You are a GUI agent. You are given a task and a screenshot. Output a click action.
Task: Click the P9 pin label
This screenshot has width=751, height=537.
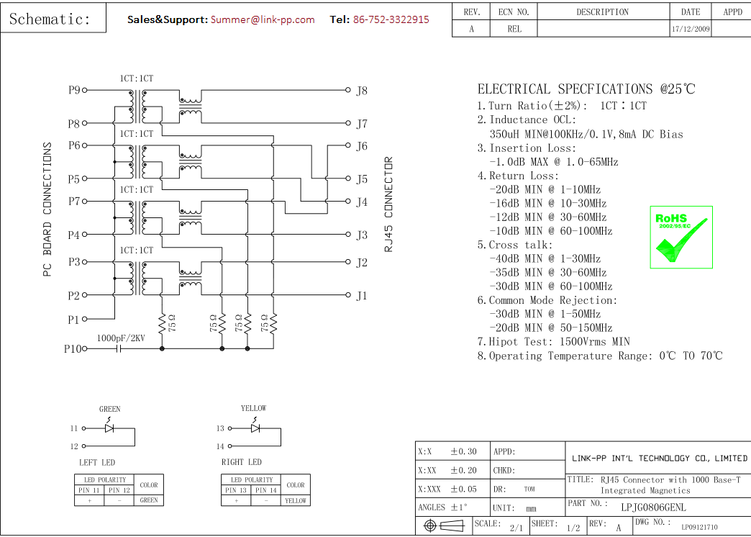point(74,91)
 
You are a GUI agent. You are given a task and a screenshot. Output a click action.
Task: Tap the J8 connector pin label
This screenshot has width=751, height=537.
point(362,91)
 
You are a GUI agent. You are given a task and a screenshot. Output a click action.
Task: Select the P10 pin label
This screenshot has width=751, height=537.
point(73,349)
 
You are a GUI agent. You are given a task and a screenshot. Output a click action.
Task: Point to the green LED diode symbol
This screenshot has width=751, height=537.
point(109,428)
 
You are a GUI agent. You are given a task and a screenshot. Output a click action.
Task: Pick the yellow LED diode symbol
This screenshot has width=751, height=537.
point(255,428)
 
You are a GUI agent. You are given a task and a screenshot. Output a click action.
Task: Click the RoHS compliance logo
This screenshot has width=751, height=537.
point(681,237)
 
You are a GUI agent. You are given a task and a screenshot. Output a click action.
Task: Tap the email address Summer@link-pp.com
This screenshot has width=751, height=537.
point(263,19)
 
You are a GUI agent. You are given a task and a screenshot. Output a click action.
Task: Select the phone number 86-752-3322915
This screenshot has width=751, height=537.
point(391,19)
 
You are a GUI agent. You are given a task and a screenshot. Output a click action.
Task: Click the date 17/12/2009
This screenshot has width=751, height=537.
point(690,30)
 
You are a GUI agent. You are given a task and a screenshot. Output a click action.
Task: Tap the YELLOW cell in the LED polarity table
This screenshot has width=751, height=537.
point(296,500)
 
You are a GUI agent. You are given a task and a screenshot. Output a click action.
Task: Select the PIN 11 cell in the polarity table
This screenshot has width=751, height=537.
point(91,490)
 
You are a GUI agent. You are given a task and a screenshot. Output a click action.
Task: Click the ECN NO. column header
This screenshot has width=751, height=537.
point(514,12)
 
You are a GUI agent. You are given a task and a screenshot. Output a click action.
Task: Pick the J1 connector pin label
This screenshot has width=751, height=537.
point(362,296)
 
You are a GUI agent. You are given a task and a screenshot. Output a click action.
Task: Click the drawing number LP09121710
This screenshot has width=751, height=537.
point(699,528)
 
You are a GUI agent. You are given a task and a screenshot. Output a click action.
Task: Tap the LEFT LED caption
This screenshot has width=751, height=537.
point(97,462)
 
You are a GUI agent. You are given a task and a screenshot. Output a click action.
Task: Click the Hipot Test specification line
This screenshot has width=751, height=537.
point(554,342)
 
